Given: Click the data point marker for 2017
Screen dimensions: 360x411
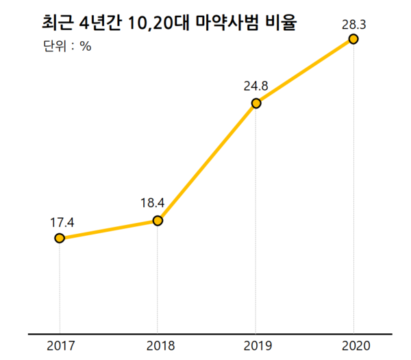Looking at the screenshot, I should (x=60, y=238).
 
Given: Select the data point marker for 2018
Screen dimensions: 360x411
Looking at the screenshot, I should (x=158, y=220).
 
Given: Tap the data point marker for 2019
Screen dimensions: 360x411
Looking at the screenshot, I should (x=256, y=104).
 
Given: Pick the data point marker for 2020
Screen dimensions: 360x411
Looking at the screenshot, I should (x=353, y=39).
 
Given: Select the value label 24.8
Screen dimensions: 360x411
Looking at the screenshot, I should (x=256, y=87).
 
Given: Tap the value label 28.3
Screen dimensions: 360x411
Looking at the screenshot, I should (x=354, y=24).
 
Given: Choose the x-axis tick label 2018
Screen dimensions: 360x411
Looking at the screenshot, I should (x=158, y=345).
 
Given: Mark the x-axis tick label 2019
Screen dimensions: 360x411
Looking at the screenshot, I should (x=256, y=345).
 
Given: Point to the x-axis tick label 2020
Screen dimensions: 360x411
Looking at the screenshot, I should (x=353, y=345).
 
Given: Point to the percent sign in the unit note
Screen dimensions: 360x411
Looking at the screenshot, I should (x=86, y=47).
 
